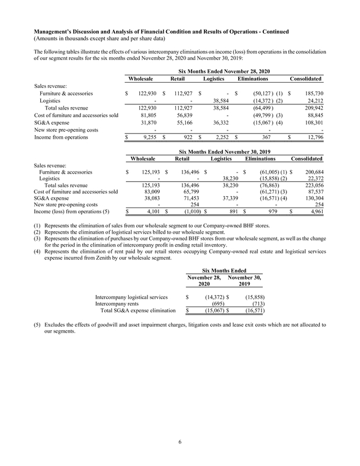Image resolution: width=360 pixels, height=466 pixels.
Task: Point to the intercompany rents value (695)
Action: tap(217, 303)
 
